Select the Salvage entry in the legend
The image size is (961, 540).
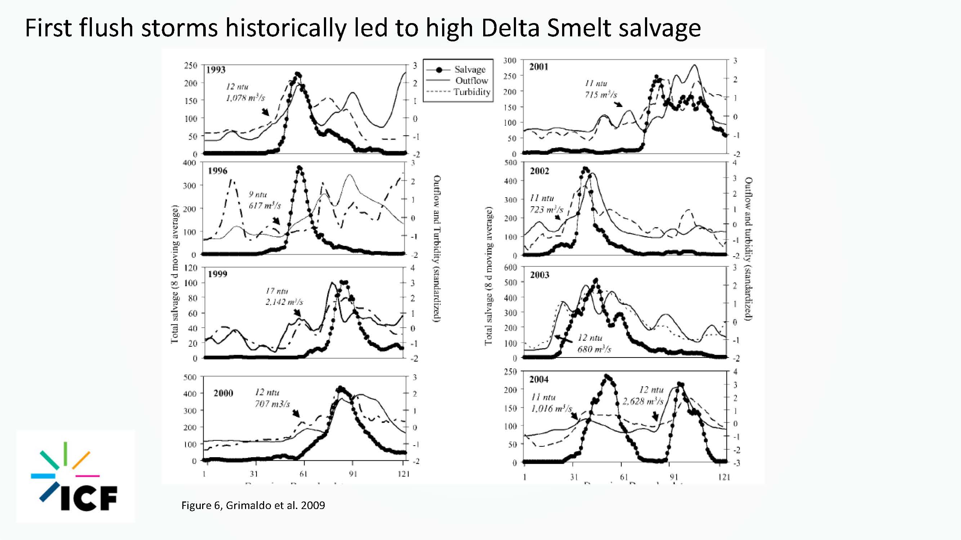pos(470,70)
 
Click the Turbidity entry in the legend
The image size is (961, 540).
pos(472,92)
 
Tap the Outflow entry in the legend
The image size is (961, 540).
pos(472,81)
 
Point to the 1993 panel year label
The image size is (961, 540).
pos(216,70)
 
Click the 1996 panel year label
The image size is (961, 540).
pos(218,171)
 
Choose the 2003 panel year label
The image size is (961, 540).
pos(539,275)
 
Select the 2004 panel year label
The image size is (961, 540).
pos(539,379)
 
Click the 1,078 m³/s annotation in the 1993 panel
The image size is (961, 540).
pos(245,98)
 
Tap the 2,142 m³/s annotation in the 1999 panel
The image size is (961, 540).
pos(284,302)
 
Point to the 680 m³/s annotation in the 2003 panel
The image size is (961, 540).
pos(594,349)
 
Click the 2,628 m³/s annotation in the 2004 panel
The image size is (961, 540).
pos(643,401)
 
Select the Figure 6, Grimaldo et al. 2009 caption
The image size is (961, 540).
pos(253,505)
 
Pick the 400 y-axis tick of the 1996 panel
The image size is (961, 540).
pos(190,163)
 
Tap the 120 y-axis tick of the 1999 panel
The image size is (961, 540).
pos(190,267)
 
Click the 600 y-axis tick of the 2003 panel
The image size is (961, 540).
pos(510,267)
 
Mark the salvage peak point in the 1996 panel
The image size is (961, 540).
pos(299,168)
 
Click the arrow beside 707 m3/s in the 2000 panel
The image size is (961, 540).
pos(296,413)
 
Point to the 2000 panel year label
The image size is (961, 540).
pos(223,393)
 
